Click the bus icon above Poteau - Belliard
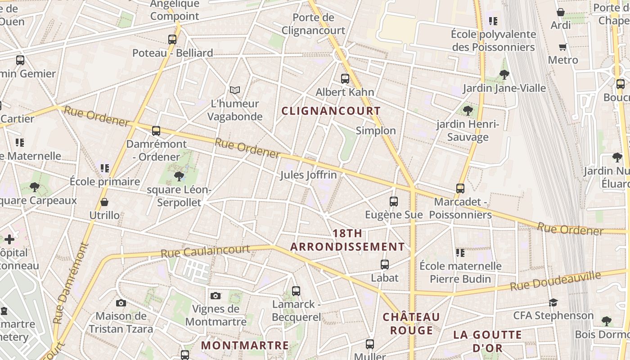[172, 39]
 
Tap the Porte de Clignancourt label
[313, 24]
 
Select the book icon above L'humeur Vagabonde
[235, 90]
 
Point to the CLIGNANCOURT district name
[331, 111]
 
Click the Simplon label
[376, 130]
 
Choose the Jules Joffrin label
[308, 175]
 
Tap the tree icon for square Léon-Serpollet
[179, 176]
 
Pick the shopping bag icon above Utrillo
[104, 202]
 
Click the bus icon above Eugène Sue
[394, 201]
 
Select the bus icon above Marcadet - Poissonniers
[460, 188]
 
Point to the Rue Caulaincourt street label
[205, 251]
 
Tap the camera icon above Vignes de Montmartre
[216, 296]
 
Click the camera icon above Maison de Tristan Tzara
[121, 303]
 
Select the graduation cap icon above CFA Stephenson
[553, 302]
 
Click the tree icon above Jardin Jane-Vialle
[504, 74]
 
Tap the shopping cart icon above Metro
[562, 47]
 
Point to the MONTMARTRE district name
[245, 345]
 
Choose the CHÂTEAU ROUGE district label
[411, 324]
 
